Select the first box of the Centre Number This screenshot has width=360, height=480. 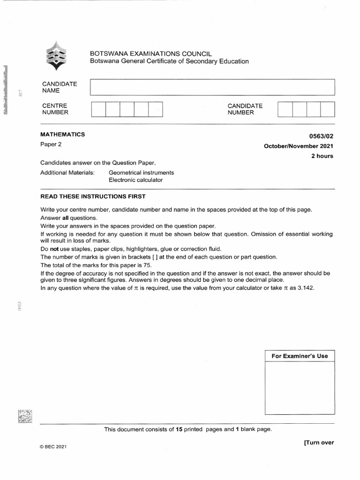(x=98, y=109)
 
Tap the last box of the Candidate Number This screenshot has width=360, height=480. (x=327, y=109)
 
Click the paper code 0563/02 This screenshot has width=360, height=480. (x=322, y=136)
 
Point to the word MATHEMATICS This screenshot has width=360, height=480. (x=63, y=135)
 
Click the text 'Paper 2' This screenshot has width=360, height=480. (x=51, y=144)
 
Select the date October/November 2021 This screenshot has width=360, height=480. (x=299, y=146)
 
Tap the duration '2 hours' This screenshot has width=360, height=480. (x=322, y=156)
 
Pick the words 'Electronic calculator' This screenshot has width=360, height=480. (x=135, y=180)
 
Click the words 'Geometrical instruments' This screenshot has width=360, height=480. (x=141, y=172)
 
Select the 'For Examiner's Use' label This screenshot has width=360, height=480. (x=300, y=356)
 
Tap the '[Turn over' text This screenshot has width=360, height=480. (x=319, y=442)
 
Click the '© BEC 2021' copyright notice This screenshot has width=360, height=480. (x=53, y=447)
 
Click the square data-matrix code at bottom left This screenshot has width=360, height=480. (x=25, y=417)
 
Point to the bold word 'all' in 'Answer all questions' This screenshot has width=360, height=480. (x=66, y=218)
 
